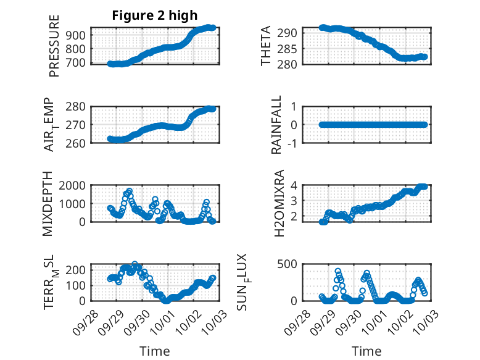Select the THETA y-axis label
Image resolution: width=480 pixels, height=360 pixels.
coord(266,46)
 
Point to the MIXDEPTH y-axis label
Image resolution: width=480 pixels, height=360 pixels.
coord(48,203)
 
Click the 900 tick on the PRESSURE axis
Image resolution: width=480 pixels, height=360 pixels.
coord(79,35)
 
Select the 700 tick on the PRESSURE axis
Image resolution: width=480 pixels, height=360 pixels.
coord(79,63)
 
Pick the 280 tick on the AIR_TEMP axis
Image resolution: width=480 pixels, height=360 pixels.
coord(79,106)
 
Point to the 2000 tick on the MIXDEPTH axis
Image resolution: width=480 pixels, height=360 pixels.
coord(76,185)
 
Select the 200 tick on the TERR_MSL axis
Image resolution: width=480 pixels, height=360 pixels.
coord(79,270)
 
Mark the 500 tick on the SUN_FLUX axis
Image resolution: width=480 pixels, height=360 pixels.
coord(291,264)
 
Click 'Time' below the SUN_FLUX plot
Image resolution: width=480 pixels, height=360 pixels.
coord(366,351)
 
